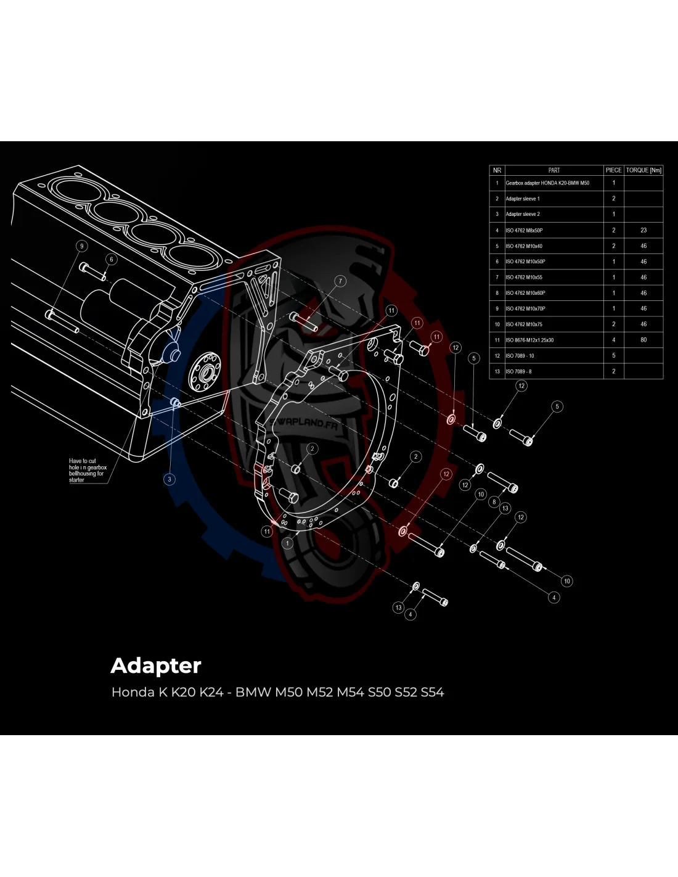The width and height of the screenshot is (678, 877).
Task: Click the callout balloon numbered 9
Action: (x=81, y=246)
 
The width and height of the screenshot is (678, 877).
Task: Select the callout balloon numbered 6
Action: (x=112, y=259)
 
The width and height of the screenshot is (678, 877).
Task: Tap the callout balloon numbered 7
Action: (x=340, y=281)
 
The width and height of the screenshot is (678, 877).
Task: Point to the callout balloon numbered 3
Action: (x=170, y=479)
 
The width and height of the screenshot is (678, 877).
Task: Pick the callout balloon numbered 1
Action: (x=288, y=543)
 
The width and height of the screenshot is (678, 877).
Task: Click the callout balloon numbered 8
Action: (x=494, y=502)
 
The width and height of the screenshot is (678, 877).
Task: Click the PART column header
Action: (x=553, y=170)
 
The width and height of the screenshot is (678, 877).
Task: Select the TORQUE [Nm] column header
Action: (x=643, y=170)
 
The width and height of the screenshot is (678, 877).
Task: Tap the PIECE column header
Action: (x=613, y=170)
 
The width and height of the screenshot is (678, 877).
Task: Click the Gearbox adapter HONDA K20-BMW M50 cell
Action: (x=547, y=183)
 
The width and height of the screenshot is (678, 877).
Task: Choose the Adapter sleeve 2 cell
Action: (x=523, y=214)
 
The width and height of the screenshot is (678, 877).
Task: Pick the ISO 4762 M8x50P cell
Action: (x=524, y=230)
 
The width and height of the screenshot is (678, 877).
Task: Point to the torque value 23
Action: (x=643, y=230)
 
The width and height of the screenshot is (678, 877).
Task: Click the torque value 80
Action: (x=643, y=340)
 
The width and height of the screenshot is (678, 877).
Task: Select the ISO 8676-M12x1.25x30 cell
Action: (x=529, y=340)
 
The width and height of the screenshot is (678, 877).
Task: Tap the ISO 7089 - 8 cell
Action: (x=518, y=371)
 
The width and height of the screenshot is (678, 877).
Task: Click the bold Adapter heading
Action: (x=156, y=665)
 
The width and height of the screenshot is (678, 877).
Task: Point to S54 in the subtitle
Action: (x=432, y=692)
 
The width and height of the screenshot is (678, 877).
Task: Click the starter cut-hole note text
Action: (x=87, y=470)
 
